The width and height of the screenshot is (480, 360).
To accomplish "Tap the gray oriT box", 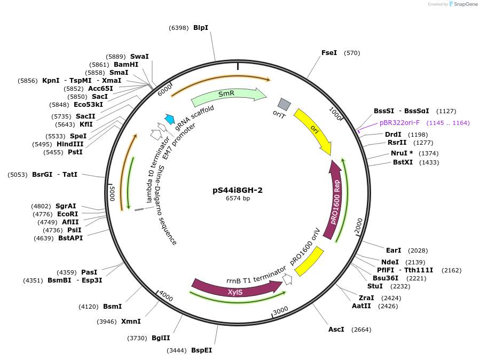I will (x=284, y=104).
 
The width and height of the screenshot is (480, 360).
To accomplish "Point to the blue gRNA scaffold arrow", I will (x=170, y=120).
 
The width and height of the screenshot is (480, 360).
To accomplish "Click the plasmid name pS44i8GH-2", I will (x=238, y=190).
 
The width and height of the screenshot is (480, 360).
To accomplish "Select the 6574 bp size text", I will (x=238, y=198).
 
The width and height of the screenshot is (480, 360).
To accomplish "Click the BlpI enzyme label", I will (x=201, y=27).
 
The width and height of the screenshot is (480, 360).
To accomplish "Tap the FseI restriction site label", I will (x=329, y=53).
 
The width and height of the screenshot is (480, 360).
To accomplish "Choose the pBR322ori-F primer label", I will (x=400, y=123).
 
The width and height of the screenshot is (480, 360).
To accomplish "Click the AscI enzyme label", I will (x=336, y=329).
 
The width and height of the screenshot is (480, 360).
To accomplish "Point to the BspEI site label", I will (x=201, y=350).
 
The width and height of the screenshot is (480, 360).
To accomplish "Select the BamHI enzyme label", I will (x=126, y=65).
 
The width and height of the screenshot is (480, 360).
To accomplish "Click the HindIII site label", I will (x=70, y=144).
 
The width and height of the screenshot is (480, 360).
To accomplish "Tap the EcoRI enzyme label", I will (x=68, y=214).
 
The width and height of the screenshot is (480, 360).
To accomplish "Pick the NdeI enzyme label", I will (x=390, y=262).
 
